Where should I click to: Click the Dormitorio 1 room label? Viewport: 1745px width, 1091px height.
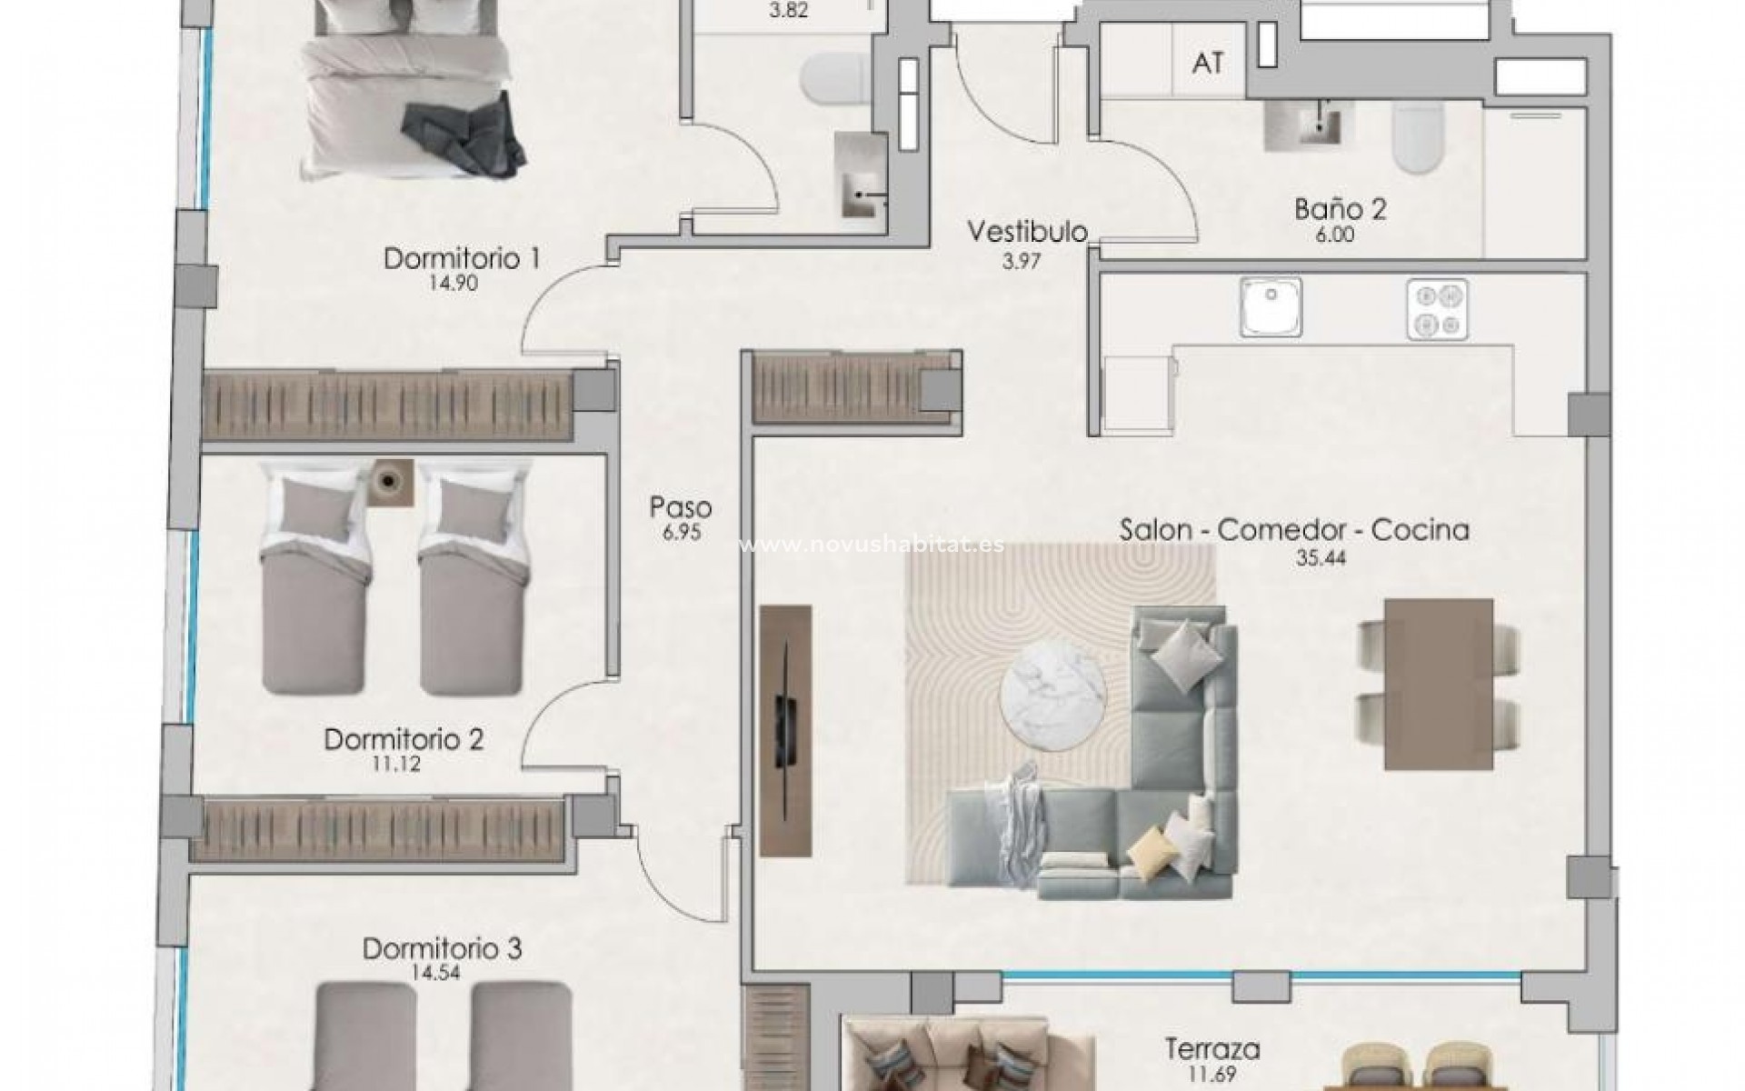click(x=462, y=259)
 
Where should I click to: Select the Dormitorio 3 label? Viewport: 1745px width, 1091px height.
click(x=442, y=949)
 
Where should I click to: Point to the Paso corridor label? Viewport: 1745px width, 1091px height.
click(x=681, y=507)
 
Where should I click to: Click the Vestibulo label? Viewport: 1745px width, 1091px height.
click(x=1027, y=232)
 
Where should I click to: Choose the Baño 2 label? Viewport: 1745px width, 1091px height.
click(x=1340, y=210)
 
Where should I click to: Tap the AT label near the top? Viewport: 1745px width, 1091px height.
click(x=1207, y=63)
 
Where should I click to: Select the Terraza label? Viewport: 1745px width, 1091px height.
click(x=1212, y=1049)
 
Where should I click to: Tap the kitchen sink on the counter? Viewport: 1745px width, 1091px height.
click(x=1271, y=307)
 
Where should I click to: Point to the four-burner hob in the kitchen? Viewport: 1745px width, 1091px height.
click(x=1437, y=309)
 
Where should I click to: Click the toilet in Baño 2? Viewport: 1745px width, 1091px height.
click(x=1418, y=138)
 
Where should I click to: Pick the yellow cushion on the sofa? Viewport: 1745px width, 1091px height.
click(x=1151, y=851)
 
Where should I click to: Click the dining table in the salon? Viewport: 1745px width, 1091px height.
click(x=1439, y=684)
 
